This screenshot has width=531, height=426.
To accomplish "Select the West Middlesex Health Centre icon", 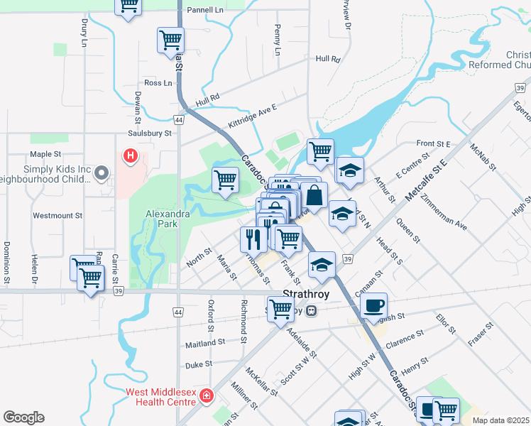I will click(207, 395).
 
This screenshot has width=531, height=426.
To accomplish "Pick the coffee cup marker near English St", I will click(373, 305).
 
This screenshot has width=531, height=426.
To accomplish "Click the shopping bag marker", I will click(314, 195).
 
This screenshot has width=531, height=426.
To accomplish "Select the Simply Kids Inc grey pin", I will click(102, 172).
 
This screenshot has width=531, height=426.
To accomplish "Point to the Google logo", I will click(23, 417).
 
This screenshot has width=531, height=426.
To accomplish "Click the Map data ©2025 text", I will click(500, 420).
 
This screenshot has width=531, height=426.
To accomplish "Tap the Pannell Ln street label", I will click(205, 11).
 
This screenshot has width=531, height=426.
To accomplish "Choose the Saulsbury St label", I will click(150, 133).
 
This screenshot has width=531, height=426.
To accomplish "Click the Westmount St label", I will click(58, 215).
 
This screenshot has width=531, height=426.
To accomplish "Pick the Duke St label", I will click(198, 364).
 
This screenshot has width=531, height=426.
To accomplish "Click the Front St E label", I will click(434, 143).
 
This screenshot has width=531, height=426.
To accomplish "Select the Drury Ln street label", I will click(84, 32).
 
